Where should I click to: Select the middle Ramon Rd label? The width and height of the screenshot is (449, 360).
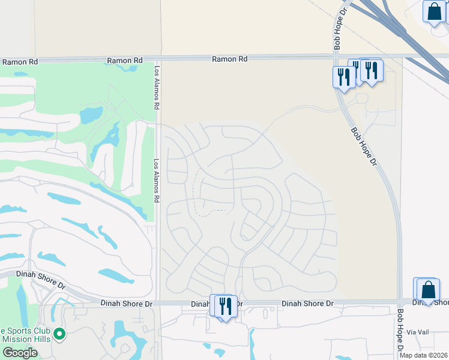(x=125, y=61)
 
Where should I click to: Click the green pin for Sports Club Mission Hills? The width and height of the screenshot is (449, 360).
(x=59, y=333)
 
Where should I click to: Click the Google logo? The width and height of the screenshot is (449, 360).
(x=20, y=353)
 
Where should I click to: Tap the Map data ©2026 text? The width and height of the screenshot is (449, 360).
(x=423, y=355)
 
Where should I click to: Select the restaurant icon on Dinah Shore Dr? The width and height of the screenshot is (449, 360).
(x=225, y=305)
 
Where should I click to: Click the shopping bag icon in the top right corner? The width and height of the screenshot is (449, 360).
(x=433, y=11)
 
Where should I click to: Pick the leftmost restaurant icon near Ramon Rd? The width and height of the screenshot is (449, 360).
(x=343, y=76)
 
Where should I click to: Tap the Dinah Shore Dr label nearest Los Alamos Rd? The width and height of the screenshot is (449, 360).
(x=127, y=304)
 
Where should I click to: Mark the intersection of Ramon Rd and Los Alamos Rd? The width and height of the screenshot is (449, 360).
(x=157, y=59)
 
